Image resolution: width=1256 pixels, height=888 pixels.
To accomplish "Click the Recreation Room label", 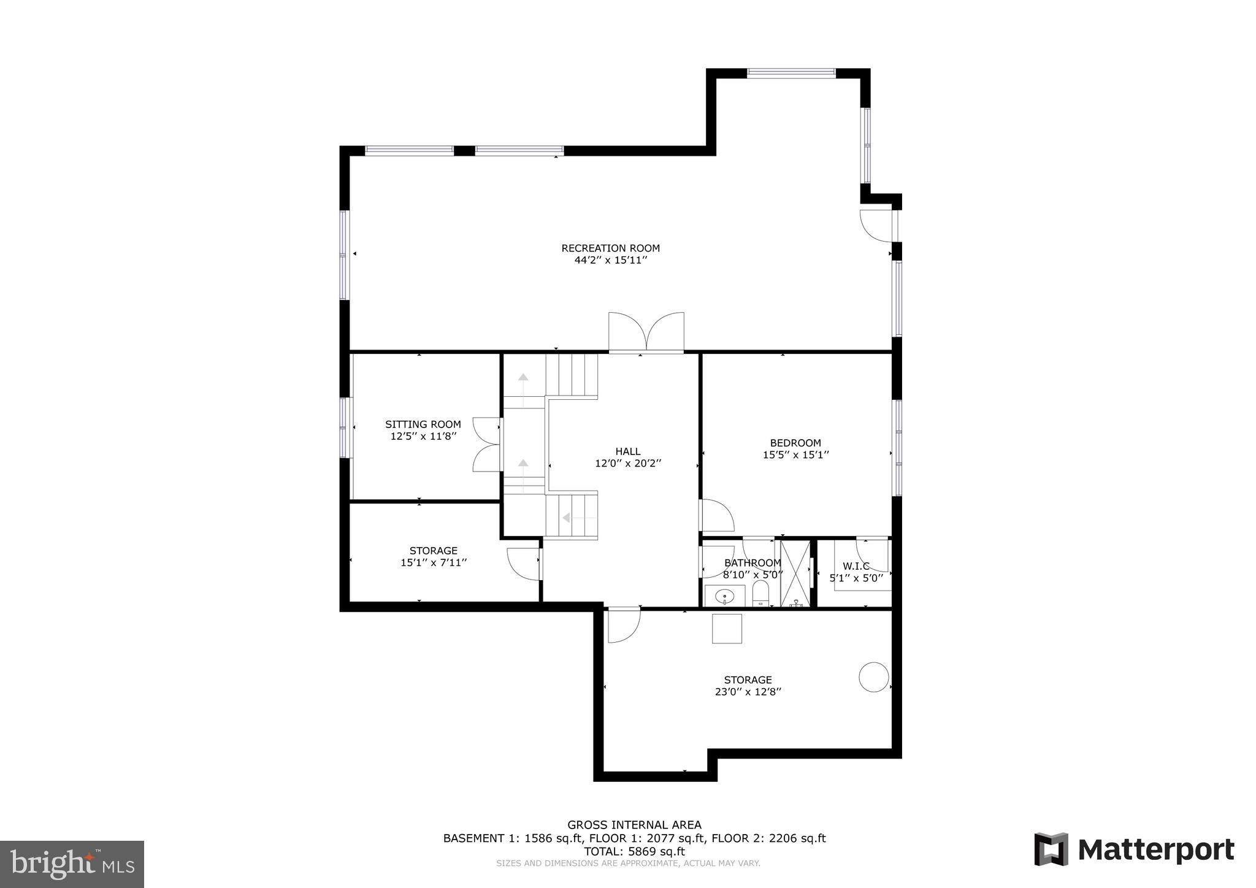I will pos(610,248).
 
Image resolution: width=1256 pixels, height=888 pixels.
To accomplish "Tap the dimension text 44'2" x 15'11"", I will pos(610,260).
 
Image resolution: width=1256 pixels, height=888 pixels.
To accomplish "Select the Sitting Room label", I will pos(423,424).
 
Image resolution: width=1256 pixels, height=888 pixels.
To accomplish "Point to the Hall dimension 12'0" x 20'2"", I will pos(627,464).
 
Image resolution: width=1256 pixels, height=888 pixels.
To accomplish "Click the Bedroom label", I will pos(795,443).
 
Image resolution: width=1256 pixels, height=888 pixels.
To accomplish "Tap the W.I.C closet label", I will pos(856,566).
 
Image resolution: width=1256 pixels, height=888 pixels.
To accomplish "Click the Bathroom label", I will pos(752,563).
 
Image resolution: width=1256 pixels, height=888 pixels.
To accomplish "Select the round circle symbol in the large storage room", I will pos(873,677).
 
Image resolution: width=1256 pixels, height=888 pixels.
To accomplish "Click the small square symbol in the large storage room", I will pos(727,629).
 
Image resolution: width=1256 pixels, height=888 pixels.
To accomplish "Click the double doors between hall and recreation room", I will pos(646,332).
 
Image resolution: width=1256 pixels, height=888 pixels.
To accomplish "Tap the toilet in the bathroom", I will pos(760,594).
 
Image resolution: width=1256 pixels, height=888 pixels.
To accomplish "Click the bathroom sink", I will pos(724,595).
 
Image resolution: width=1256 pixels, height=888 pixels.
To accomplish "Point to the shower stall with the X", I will pos(795,573).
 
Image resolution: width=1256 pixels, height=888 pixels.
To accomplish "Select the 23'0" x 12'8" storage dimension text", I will pos(747,692).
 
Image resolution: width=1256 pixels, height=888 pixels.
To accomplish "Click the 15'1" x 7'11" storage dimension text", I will pos(434,562).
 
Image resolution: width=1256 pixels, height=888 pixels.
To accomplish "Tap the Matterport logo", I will pos(1134,850).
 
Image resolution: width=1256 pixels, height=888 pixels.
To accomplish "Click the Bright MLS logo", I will pos(72,865).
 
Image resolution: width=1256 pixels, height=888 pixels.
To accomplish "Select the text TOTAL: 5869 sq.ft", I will pos(634,851).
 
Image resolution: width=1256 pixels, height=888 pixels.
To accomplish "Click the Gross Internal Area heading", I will pos(634,825).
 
